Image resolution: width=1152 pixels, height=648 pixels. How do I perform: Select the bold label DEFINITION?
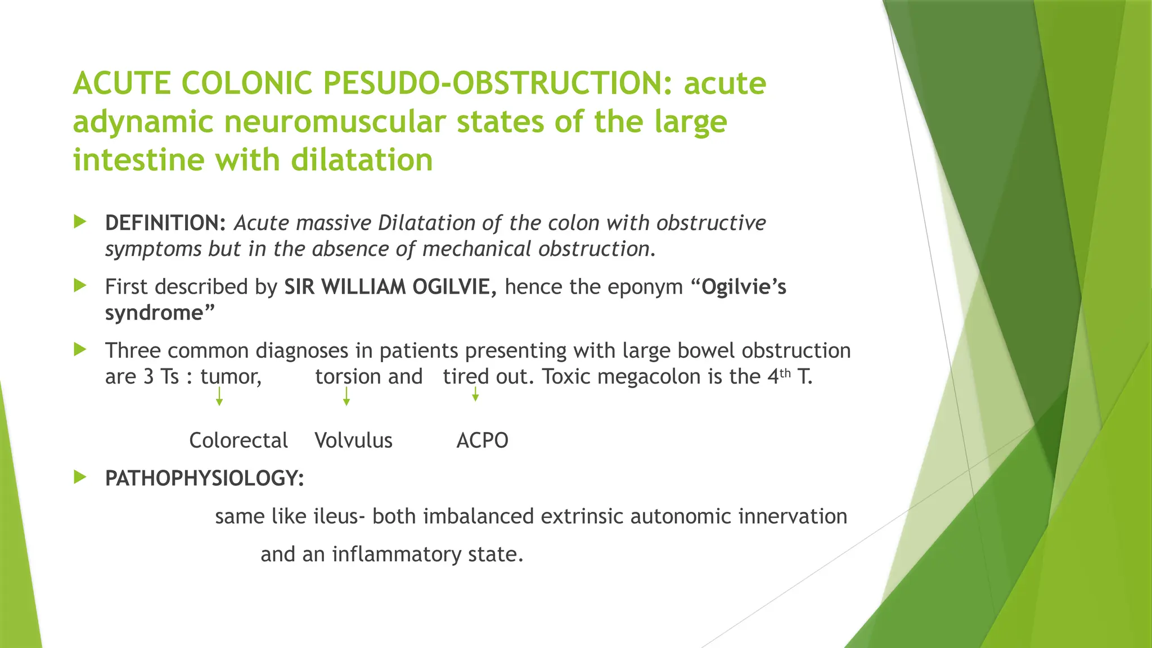(165, 223)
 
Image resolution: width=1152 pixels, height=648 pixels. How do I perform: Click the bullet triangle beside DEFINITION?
(80, 222)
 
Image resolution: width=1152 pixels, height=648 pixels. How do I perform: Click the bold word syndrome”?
(160, 313)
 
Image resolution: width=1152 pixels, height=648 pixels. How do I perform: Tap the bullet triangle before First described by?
(80, 286)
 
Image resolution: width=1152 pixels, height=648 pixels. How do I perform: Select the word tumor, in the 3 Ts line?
(231, 376)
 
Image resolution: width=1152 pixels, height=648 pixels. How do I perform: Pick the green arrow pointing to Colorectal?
(219, 397)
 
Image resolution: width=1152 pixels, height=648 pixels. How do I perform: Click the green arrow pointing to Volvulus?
(346, 397)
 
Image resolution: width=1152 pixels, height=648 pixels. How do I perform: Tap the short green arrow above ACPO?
(475, 394)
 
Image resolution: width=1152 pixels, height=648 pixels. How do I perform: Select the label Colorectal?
(238, 440)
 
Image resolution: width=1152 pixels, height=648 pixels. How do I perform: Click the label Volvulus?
(353, 440)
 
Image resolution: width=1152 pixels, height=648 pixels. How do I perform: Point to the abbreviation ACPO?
(482, 440)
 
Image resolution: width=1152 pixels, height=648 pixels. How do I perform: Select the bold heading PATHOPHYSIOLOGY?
(204, 479)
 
